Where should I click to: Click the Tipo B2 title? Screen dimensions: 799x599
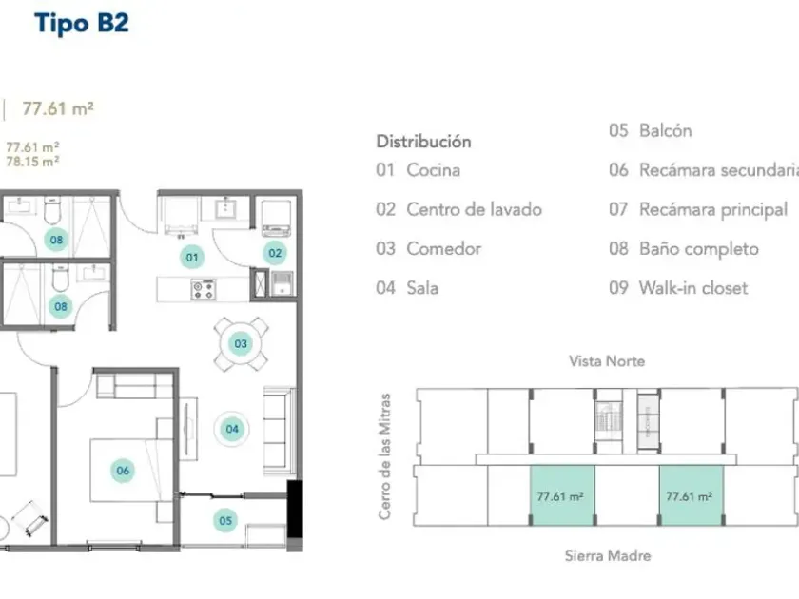tap(82, 24)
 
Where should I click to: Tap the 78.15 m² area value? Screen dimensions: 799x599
tap(32, 162)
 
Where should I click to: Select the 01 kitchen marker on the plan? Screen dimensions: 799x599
tap(191, 258)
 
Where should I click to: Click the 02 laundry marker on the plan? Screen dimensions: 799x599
tap(275, 253)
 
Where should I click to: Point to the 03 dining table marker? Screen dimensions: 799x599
tap(241, 344)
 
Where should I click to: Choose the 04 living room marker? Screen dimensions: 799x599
tap(232, 429)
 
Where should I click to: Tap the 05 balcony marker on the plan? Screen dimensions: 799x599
tap(225, 521)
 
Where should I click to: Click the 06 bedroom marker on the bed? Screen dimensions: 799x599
tap(123, 471)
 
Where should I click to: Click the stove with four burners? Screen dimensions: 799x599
tap(204, 289)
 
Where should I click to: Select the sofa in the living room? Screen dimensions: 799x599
tap(279, 432)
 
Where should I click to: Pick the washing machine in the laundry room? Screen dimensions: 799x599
tap(277, 219)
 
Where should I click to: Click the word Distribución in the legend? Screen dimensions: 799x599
tap(423, 141)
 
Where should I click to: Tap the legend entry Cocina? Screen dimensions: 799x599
tap(433, 170)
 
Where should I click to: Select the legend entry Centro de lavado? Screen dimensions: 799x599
tap(474, 209)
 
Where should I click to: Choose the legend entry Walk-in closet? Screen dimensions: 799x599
tap(693, 288)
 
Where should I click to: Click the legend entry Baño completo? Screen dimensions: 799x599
tap(699, 248)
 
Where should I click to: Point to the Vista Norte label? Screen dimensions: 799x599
tap(607, 361)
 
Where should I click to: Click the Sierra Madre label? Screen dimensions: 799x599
tap(608, 555)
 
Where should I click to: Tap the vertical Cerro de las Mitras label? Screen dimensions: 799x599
tap(384, 456)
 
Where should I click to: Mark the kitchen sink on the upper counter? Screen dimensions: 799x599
tap(224, 208)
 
